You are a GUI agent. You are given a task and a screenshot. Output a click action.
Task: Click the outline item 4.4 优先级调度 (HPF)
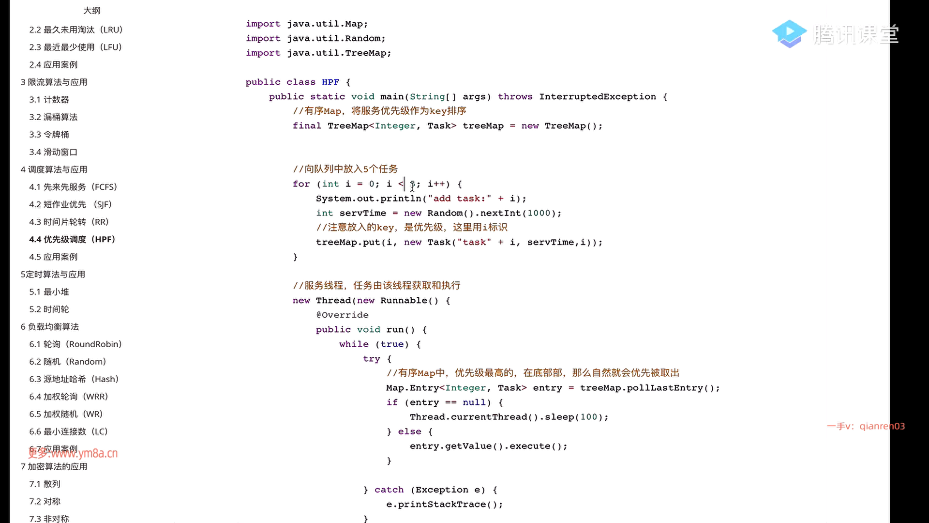(x=72, y=239)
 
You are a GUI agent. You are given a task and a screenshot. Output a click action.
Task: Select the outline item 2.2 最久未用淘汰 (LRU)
(x=75, y=30)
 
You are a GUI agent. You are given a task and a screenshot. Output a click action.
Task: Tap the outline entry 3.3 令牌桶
(x=49, y=134)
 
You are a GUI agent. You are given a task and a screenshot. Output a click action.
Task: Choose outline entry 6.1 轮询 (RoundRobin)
(x=75, y=344)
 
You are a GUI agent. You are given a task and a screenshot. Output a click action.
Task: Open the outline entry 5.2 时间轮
(x=49, y=309)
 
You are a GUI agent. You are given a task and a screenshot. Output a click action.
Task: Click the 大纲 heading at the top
(x=92, y=10)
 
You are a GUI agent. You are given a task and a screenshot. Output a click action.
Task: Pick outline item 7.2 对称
(x=45, y=501)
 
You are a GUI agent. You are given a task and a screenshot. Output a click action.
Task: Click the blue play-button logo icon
(x=789, y=33)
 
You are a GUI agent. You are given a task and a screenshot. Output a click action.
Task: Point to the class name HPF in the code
(x=330, y=82)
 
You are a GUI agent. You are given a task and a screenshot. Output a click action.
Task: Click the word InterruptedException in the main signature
(x=598, y=96)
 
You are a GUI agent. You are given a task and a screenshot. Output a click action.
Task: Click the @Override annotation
(x=342, y=315)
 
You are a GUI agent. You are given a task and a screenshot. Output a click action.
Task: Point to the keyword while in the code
(x=354, y=344)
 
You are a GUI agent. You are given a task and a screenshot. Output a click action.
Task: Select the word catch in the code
(x=389, y=490)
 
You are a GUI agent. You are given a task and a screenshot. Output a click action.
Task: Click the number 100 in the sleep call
(x=589, y=416)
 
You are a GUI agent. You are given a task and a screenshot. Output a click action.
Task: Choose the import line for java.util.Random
(x=315, y=38)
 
